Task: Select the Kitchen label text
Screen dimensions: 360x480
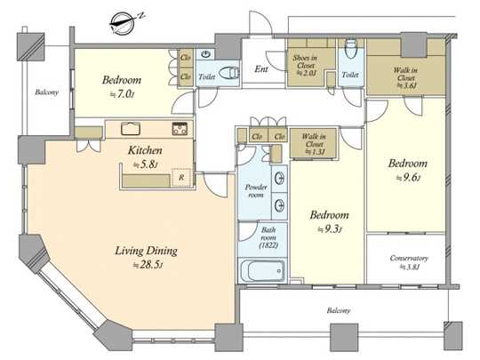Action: pos(143,151)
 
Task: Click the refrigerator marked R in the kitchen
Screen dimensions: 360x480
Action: pos(181,177)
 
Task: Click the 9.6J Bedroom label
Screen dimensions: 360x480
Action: pos(408,164)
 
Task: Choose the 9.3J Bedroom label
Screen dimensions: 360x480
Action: pos(329,216)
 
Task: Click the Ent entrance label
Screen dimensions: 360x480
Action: pos(261,68)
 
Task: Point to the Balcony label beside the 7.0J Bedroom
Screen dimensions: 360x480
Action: pos(47,92)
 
